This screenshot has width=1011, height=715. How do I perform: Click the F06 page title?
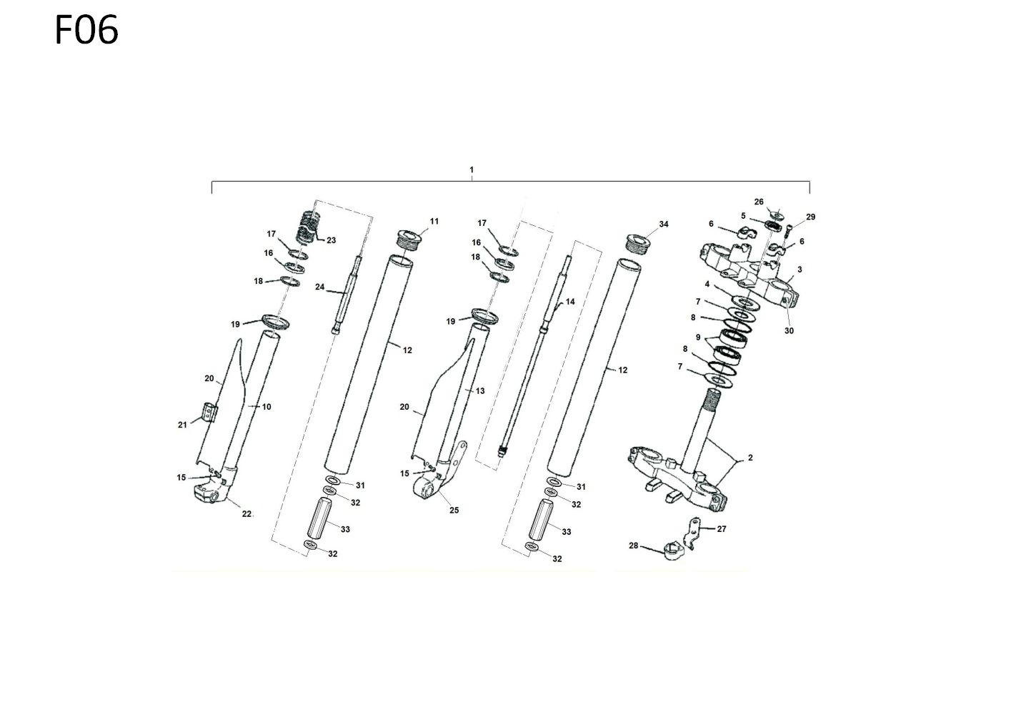86,30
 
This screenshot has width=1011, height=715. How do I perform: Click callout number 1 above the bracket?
472,170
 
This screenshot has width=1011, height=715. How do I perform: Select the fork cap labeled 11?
409,240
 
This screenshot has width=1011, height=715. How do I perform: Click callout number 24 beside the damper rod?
319,287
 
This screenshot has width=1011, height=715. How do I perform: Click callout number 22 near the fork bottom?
246,513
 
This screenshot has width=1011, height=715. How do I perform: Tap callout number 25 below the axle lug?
454,510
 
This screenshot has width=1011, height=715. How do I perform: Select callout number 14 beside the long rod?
570,301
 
